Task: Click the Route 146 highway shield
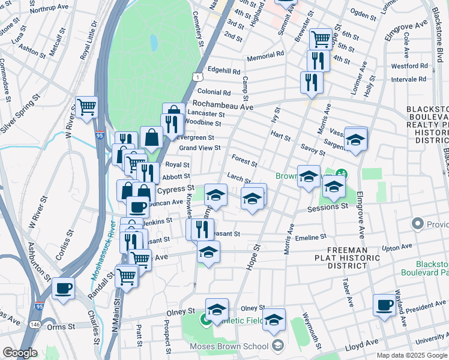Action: pos(37,324)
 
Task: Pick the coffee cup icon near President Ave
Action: pos(384,305)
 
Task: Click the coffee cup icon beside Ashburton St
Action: pos(63,289)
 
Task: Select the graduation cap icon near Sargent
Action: pos(356,140)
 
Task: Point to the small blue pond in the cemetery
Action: pos(154,42)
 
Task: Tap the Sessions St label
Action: pos(327,206)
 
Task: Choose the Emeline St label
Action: pos(310,238)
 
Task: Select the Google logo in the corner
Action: pos(20,353)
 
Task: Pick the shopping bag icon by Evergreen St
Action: pos(151,137)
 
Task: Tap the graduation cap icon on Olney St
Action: pos(217,310)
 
